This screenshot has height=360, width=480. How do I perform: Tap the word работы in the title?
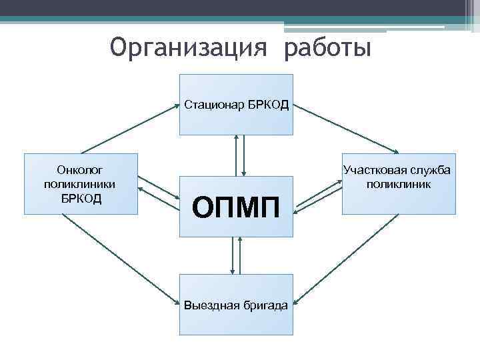[327, 47]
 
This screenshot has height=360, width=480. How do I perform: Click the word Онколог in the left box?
[80, 169]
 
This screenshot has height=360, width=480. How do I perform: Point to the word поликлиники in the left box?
[80, 183]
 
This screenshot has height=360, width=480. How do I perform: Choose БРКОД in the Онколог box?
[80, 198]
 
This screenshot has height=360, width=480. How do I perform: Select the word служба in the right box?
[431, 170]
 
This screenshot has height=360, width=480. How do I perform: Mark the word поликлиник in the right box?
[399, 183]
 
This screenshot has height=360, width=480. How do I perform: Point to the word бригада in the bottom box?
[266, 305]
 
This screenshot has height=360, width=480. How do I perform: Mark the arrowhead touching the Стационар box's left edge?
[176, 105]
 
